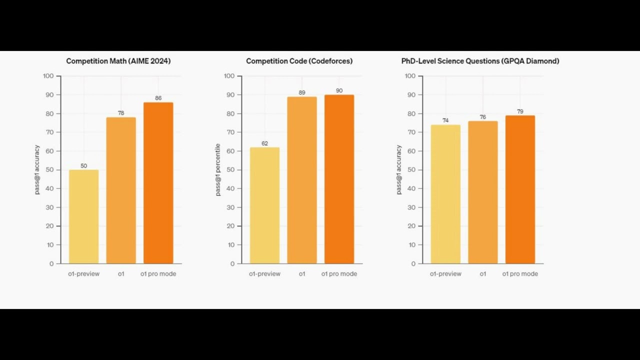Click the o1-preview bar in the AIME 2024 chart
pos(83,216)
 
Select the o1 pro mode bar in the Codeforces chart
pos(339,179)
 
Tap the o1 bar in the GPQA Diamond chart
pos(483,192)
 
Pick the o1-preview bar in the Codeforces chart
pos(264,205)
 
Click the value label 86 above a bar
pos(158,98)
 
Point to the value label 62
pos(264,143)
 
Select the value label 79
pos(520,111)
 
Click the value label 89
pos(301,92)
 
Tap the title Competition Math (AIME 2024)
pos(118,61)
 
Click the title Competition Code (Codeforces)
pos(299,61)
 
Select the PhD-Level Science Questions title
pos(480,61)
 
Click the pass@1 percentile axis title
pos(218,169)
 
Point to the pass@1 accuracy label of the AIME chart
pos(37,169)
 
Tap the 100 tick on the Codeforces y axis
pos(229,76)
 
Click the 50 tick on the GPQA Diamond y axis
pos(411,169)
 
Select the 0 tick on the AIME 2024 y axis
pos(51,264)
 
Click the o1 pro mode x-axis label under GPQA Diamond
pos(520,273)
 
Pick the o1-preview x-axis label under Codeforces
pos(264,273)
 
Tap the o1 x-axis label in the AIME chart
pos(121,273)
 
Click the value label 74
pos(445,120)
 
